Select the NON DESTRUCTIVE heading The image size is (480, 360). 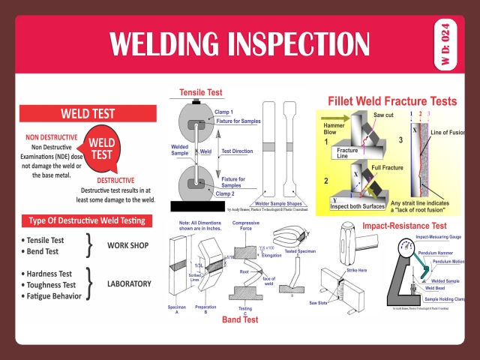click(53, 138)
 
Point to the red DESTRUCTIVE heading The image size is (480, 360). click(115, 180)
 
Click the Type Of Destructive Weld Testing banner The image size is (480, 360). click(87, 220)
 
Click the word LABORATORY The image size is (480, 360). click(129, 284)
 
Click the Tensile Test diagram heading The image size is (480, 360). click(200, 93)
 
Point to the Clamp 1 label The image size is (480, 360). click(226, 111)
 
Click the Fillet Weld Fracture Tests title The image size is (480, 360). click(392, 100)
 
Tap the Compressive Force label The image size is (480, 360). click(246, 226)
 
